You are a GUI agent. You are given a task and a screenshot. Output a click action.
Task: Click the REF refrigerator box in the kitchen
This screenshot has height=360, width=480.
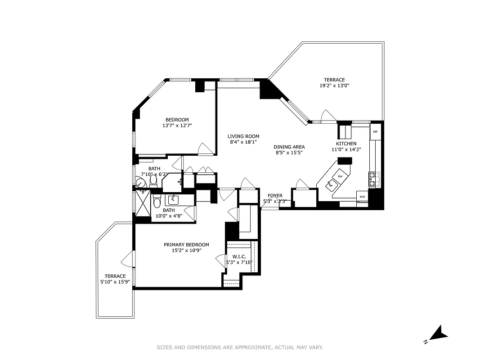pos(375,132)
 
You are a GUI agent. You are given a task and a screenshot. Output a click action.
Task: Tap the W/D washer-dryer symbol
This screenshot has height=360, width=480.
pos(362,197)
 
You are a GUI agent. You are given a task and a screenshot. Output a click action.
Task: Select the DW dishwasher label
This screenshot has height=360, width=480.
pos(340,176)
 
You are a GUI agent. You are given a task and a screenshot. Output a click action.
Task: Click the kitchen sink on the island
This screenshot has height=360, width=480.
pos(332,184)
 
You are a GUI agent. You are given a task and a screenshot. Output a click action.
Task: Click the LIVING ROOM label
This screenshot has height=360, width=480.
pos(243,136)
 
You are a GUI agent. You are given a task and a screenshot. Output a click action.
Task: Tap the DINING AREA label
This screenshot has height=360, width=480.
pos(289,147)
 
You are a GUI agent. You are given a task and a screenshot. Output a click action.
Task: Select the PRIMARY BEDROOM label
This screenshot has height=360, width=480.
pos(186,245)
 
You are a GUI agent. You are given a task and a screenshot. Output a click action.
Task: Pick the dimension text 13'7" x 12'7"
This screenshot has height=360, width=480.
pos(177,126)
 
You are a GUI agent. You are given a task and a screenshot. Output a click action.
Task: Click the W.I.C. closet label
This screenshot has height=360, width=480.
pos(239,256)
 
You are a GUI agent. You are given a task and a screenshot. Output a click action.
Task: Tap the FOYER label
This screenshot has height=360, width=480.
pos(275,196)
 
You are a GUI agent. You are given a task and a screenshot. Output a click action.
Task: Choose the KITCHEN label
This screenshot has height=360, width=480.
pos(346,144)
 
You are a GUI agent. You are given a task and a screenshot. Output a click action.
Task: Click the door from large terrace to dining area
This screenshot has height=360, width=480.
pos(328,117)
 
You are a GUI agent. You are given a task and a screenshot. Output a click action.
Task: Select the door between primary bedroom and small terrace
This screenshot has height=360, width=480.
pos(128,259)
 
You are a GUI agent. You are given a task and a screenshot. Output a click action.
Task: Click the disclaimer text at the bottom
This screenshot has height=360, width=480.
pos(240,347)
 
